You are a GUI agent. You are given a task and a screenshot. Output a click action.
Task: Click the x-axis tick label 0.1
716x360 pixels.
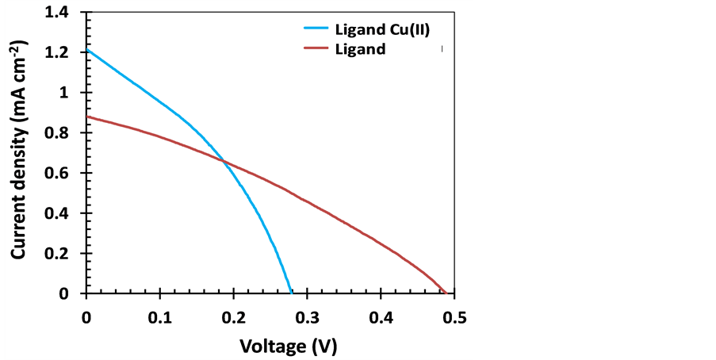point(160,318)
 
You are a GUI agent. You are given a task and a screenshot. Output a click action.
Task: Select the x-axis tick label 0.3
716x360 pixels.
point(307,318)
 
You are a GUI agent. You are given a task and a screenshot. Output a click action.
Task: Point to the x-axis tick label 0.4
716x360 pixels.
point(381,318)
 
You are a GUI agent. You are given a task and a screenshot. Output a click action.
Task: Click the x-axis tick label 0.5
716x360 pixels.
point(454,318)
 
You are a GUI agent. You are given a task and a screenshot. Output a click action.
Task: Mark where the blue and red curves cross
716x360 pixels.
point(224,163)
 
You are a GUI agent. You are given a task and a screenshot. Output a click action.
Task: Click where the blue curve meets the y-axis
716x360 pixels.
point(87,51)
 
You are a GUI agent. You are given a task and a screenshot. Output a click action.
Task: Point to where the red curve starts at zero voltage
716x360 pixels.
point(87,117)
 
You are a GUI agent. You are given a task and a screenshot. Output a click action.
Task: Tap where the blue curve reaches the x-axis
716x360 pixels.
point(292,293)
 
